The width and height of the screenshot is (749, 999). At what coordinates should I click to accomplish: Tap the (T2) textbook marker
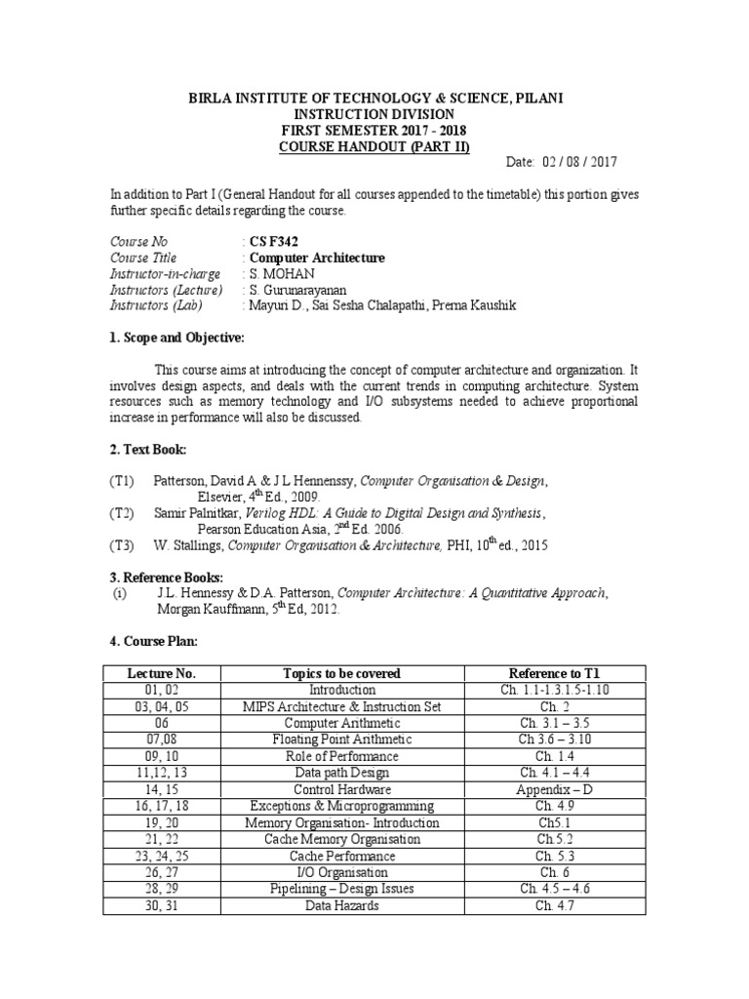click(121, 512)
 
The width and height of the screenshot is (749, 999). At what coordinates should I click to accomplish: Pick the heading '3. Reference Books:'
click(166, 577)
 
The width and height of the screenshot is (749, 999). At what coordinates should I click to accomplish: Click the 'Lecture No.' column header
click(162, 673)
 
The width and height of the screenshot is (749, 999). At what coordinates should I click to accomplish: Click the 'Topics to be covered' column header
click(341, 673)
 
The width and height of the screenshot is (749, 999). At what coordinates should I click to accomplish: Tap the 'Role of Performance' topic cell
click(341, 756)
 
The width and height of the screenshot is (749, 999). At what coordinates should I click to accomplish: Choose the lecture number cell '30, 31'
click(162, 905)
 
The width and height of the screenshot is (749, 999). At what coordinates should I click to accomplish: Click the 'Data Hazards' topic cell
click(341, 905)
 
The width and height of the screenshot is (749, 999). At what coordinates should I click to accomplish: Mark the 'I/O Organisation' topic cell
click(341, 872)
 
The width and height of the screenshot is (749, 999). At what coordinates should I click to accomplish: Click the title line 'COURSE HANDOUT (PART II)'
click(374, 146)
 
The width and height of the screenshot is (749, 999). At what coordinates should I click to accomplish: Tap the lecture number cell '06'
click(162, 723)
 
